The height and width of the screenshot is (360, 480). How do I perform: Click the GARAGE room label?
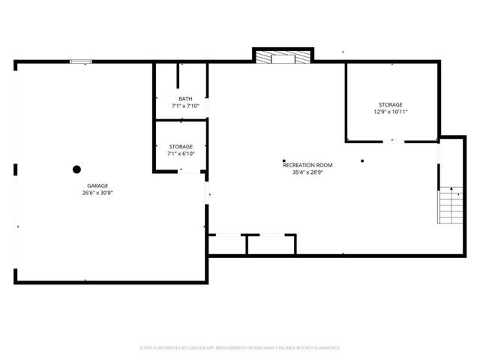[x=97, y=185]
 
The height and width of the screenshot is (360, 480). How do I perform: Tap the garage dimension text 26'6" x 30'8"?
[x=97, y=193]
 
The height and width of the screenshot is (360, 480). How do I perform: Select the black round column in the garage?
[x=76, y=169]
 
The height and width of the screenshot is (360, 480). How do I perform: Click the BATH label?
[x=184, y=99]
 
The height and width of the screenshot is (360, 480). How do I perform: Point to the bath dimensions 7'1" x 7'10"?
[x=184, y=106]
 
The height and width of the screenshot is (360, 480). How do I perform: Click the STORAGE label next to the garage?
[x=180, y=146]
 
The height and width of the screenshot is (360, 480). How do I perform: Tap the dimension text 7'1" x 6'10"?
[x=180, y=154]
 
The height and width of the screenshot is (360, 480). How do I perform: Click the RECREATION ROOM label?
[x=307, y=165]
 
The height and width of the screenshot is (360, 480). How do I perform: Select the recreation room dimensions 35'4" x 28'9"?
[x=307, y=172]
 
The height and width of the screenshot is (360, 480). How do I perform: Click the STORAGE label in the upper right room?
[x=390, y=104]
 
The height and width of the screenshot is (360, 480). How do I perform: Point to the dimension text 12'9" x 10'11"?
[x=390, y=112]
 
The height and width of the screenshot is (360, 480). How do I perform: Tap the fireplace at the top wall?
[x=282, y=56]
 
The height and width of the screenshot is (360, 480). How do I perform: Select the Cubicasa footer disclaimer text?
[x=240, y=348]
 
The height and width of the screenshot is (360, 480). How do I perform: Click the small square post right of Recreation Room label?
[x=362, y=159]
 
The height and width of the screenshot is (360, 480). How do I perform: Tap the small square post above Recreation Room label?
[x=283, y=159]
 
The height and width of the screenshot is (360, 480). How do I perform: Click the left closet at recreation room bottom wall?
[x=226, y=244]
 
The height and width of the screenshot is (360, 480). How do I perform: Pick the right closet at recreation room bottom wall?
[x=271, y=244]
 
